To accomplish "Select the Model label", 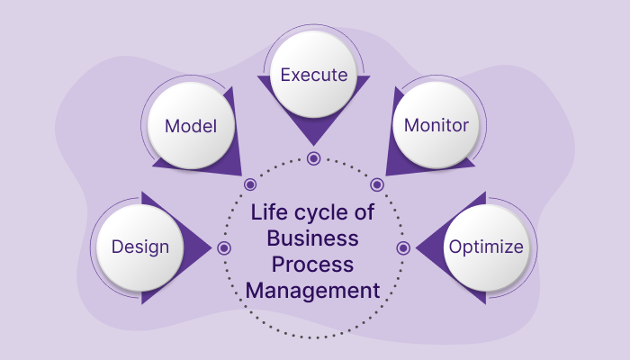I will (190, 126).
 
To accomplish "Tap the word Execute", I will (313, 75).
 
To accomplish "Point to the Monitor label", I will (436, 126).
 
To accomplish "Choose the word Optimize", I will (486, 247).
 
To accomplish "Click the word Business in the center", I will (313, 240).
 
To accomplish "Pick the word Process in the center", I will (313, 265).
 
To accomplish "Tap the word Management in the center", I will (313, 291).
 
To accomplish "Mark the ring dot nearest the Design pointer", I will (224, 247).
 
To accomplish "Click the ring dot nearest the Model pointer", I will (251, 184).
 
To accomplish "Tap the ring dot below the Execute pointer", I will (313, 158).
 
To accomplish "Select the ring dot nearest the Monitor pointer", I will (377, 184).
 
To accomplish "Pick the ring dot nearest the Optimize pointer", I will (403, 247).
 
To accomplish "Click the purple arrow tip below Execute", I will (313, 142).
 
